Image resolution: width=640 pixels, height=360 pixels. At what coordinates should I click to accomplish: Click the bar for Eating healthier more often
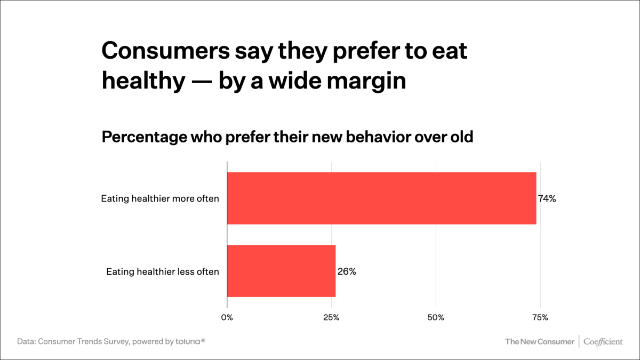point(381,198)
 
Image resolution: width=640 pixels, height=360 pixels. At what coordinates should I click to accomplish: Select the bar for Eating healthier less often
point(281,271)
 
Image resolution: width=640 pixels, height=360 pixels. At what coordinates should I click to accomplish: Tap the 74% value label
point(547,199)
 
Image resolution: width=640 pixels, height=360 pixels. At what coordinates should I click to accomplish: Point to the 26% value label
point(347,271)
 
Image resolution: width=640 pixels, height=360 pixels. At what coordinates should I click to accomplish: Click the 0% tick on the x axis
point(227,318)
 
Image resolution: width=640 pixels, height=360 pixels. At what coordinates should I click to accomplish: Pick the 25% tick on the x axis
point(331,318)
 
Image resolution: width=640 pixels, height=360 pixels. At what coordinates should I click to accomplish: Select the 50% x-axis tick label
point(436,318)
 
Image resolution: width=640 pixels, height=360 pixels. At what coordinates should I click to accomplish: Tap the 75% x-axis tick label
point(540,318)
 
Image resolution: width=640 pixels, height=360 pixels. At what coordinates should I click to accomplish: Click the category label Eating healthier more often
point(160,199)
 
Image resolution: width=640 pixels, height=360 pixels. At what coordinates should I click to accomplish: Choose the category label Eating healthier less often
point(163,271)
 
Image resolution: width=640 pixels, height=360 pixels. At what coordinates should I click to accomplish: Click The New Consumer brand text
point(540,341)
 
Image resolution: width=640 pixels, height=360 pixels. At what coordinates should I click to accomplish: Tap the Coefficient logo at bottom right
point(603,341)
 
